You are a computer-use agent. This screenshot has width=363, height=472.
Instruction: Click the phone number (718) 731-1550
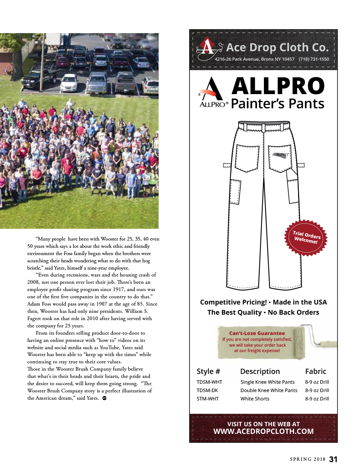click(314, 59)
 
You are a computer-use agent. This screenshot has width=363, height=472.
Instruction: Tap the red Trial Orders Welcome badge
click(306, 238)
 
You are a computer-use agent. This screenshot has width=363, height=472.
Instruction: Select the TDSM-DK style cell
click(207, 390)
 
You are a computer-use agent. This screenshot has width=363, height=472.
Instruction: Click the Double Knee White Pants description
click(269, 390)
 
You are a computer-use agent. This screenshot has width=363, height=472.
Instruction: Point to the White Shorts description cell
click(255, 399)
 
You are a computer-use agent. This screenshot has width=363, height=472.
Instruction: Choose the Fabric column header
click(315, 371)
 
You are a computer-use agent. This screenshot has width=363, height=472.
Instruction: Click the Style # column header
click(208, 371)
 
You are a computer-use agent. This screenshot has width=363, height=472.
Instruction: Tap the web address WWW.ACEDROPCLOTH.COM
click(264, 431)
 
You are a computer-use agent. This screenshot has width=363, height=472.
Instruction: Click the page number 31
click(333, 459)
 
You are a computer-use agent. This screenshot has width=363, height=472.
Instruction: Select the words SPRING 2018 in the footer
click(307, 459)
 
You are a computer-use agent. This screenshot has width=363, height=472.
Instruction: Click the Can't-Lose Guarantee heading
click(257, 333)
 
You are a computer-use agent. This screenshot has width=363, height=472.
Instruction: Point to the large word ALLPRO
click(278, 86)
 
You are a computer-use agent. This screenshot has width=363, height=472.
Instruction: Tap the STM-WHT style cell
click(208, 399)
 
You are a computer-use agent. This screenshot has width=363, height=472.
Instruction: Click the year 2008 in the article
click(33, 282)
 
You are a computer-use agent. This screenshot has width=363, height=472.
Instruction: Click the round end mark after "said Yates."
click(105, 398)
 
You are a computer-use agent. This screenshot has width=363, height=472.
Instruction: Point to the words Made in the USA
click(300, 302)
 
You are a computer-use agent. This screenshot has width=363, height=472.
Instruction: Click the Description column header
click(260, 371)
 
